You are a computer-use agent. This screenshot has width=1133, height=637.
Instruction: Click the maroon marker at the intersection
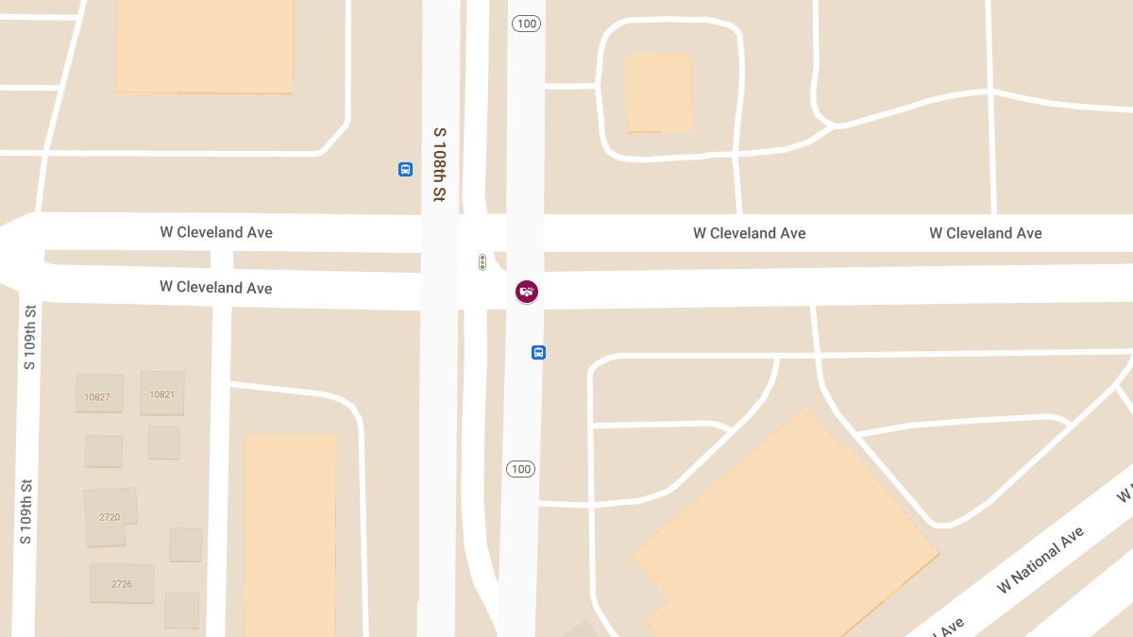527,292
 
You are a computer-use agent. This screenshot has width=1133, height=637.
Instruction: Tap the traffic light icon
482,262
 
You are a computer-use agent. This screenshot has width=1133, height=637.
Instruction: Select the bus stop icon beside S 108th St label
405,170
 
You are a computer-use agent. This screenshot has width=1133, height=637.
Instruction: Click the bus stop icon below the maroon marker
538,353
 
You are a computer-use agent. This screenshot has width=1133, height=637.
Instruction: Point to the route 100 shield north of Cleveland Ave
526,24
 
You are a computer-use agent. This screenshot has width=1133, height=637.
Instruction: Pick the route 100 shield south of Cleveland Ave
520,469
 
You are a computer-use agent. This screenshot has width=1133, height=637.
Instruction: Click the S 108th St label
439,164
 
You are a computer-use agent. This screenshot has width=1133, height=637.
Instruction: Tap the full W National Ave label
1040,562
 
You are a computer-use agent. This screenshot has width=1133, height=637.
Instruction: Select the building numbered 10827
98,394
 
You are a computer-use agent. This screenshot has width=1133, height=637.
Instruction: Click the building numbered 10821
161,393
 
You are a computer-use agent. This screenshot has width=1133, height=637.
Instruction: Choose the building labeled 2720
109,516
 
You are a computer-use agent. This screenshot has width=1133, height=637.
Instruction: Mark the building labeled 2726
122,583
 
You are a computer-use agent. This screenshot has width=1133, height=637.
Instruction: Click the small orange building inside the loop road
659,92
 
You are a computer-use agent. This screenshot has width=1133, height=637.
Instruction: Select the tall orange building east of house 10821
290,533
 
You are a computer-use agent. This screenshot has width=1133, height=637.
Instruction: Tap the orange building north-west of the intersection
204,45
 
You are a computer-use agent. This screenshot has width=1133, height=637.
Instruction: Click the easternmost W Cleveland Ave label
985,233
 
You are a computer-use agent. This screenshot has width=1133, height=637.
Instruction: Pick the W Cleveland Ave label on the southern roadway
216,287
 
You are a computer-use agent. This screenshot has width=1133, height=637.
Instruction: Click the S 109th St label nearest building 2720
26,511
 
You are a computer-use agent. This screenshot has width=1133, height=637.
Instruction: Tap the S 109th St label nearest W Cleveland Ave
29,337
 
